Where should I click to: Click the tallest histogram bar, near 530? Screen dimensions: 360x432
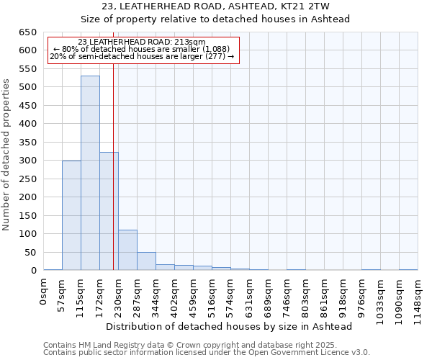pos(90,173)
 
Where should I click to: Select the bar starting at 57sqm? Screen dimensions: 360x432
pos(71,215)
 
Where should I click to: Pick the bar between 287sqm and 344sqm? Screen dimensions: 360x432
pos(146,261)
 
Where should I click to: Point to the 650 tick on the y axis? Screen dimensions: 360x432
pos(28,32)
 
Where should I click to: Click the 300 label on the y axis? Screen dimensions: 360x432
pos(28,161)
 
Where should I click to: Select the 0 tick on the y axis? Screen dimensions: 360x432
pos(33,271)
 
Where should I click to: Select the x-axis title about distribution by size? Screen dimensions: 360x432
pos(234,326)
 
